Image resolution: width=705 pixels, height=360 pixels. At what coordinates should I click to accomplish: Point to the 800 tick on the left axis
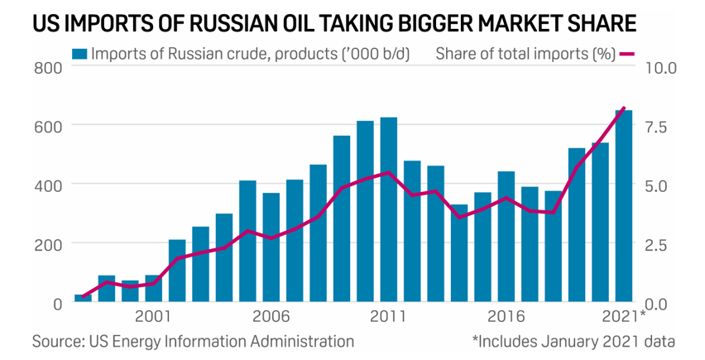click(49, 67)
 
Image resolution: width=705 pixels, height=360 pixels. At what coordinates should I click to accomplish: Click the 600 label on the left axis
click(49, 126)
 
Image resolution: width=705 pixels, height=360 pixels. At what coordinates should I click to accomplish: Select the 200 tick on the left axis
click(49, 244)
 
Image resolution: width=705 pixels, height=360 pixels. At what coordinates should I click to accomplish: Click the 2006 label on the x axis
click(271, 316)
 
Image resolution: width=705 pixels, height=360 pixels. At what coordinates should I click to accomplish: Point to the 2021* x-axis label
click(624, 316)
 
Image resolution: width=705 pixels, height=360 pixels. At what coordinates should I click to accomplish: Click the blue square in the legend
click(79, 55)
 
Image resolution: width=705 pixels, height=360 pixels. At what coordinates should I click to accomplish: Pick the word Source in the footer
click(56, 340)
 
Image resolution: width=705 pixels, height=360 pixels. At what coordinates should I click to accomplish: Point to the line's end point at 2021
click(624, 108)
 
